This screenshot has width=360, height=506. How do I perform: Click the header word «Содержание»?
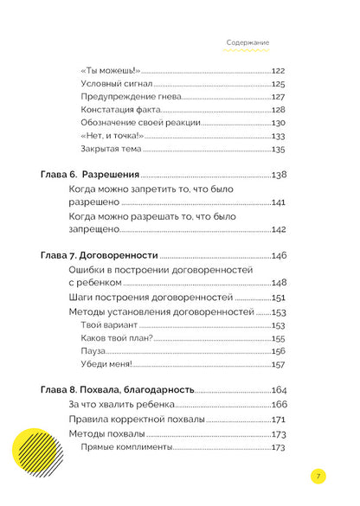click(x=248, y=42)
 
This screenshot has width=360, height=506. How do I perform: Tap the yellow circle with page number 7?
click(x=319, y=476)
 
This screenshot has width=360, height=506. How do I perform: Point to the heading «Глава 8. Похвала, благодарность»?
click(x=118, y=390)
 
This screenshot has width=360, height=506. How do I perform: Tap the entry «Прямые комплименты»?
click(x=126, y=447)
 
